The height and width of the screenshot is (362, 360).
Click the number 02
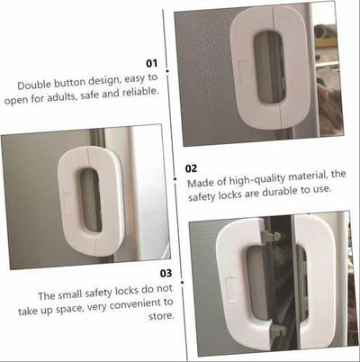(x=191, y=167)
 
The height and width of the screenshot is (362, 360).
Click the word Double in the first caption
(x=36, y=85)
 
